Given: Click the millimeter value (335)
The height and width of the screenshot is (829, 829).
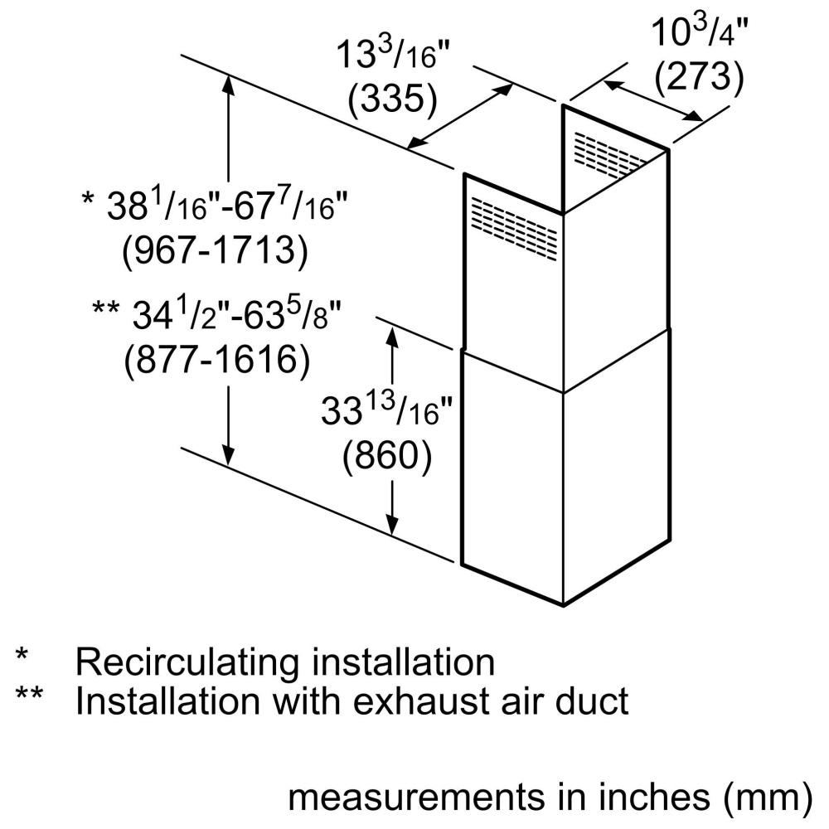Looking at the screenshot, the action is (x=393, y=99).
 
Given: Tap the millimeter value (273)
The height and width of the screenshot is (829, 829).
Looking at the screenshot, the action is (x=699, y=76).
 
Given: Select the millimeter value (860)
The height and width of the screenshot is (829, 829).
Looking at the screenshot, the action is (x=387, y=454).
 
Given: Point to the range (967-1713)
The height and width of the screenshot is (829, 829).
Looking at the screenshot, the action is (x=216, y=250).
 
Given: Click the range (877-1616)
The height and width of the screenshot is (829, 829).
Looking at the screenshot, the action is (x=217, y=360).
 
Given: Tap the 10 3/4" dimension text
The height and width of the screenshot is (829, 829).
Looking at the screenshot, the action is (x=700, y=32).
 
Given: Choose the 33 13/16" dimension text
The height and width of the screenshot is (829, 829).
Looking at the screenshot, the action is (x=387, y=410).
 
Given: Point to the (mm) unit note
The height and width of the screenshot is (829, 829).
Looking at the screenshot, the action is (x=767, y=797).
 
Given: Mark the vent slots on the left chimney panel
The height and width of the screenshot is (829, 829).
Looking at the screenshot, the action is (x=514, y=229).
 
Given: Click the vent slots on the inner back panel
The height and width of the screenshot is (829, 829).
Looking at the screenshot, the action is (x=609, y=154).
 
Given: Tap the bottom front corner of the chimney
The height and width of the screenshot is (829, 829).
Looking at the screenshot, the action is (x=564, y=605).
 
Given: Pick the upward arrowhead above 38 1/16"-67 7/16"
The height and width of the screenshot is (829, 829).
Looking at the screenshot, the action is (x=229, y=84).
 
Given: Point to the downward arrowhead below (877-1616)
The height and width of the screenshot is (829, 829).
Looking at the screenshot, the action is (x=229, y=455).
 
